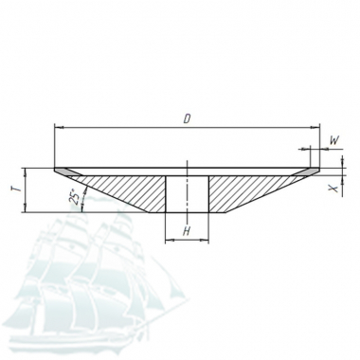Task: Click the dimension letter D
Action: tap(188, 119)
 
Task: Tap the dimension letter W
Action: tap(334, 140)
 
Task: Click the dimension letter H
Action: tap(187, 231)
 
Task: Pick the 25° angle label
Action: tap(73, 197)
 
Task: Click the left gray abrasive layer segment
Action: tap(68, 171)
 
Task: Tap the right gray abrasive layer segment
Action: tap(305, 171)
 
